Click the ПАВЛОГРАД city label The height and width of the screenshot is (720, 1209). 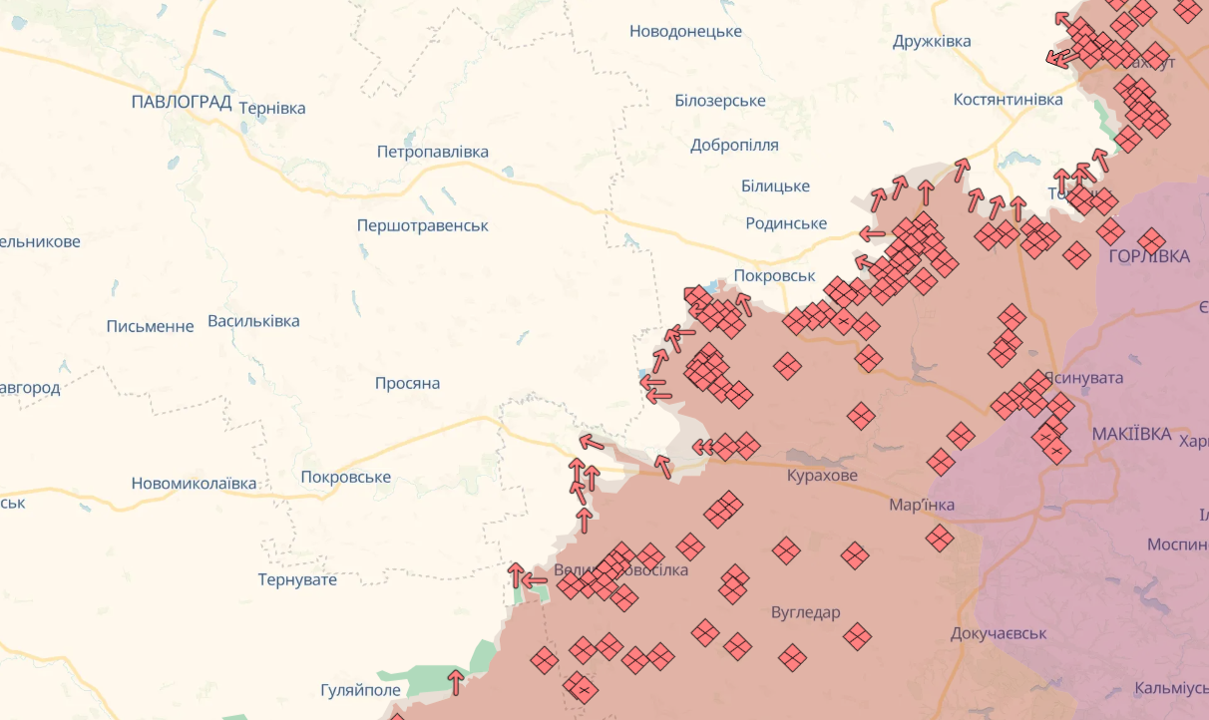[x=182, y=102]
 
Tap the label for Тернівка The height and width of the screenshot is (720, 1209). [x=272, y=108]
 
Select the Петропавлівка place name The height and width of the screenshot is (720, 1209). [x=433, y=152]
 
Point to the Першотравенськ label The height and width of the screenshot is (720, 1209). [x=423, y=225]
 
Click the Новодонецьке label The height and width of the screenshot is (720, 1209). [x=685, y=31]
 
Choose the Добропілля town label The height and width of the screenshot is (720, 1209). [x=734, y=145]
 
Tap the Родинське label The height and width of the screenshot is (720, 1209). [x=786, y=223]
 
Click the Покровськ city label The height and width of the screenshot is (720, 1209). [x=774, y=275]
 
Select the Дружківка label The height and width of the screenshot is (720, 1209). [x=933, y=41]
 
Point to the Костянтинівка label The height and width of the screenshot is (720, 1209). [x=1008, y=99]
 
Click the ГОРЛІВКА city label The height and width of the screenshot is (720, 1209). [x=1149, y=256]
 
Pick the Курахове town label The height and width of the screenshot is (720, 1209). [x=822, y=475]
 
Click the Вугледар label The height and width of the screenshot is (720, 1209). [x=806, y=612]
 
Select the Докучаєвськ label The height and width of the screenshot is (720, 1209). [x=999, y=633]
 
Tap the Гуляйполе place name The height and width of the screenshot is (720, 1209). [x=360, y=690]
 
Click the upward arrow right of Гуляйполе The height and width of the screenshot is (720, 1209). [x=456, y=682]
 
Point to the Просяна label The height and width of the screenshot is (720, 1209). [x=407, y=383]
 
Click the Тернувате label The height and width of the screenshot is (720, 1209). [x=297, y=579]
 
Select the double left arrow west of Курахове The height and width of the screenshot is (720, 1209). [x=702, y=447]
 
